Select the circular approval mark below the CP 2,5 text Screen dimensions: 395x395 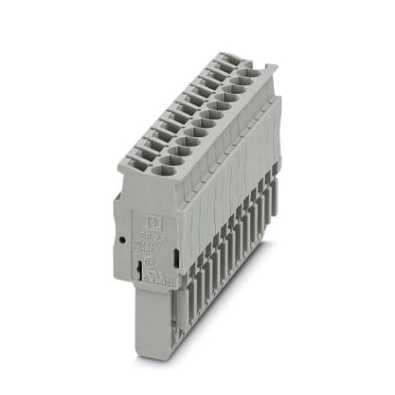coord(151,261)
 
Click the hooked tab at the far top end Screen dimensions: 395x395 coord(269,68)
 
